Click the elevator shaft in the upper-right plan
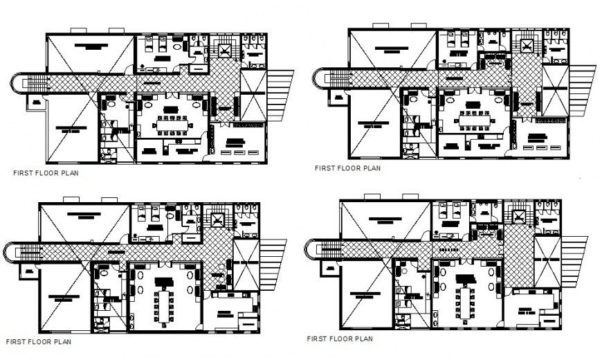click(x=527, y=47)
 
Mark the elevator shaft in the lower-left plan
click(x=218, y=221)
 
